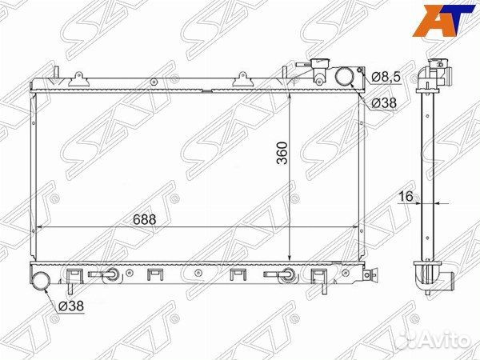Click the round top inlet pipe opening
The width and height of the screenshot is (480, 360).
[346, 76]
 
